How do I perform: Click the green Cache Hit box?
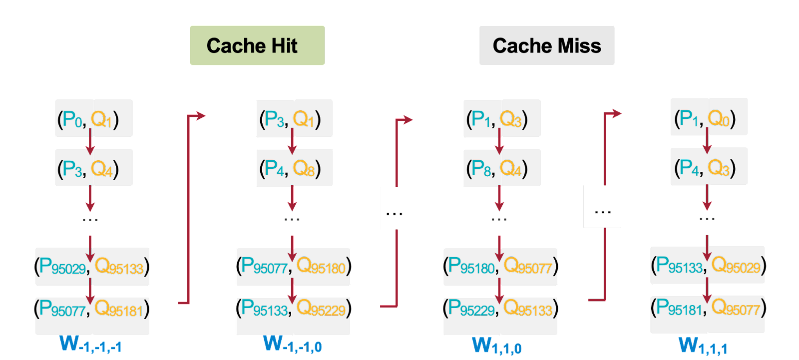pyautogui.click(x=257, y=45)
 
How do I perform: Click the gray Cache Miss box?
pyautogui.click(x=547, y=45)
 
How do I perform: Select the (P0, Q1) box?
pyautogui.click(x=93, y=118)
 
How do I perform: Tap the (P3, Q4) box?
pyautogui.click(x=93, y=168)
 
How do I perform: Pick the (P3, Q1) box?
pyautogui.click(x=294, y=119)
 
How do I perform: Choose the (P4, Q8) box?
pyautogui.click(x=294, y=168)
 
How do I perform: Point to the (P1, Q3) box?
pyautogui.click(x=501, y=118)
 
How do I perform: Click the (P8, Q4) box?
pyautogui.click(x=501, y=168)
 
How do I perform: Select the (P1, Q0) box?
pyautogui.click(x=709, y=117)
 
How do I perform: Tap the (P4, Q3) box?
pyautogui.click(x=709, y=166)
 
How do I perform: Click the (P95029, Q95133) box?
pyautogui.click(x=92, y=267)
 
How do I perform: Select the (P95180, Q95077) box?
pyautogui.click(x=500, y=267)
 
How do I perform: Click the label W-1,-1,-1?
pyautogui.click(x=90, y=344)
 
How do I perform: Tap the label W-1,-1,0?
pyautogui.click(x=293, y=344)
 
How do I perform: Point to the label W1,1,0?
pyautogui.click(x=497, y=346)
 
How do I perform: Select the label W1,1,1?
pyautogui.click(x=703, y=346)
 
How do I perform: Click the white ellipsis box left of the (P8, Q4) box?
pyautogui.click(x=394, y=208)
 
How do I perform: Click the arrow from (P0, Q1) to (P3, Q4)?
pyautogui.click(x=90, y=143)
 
